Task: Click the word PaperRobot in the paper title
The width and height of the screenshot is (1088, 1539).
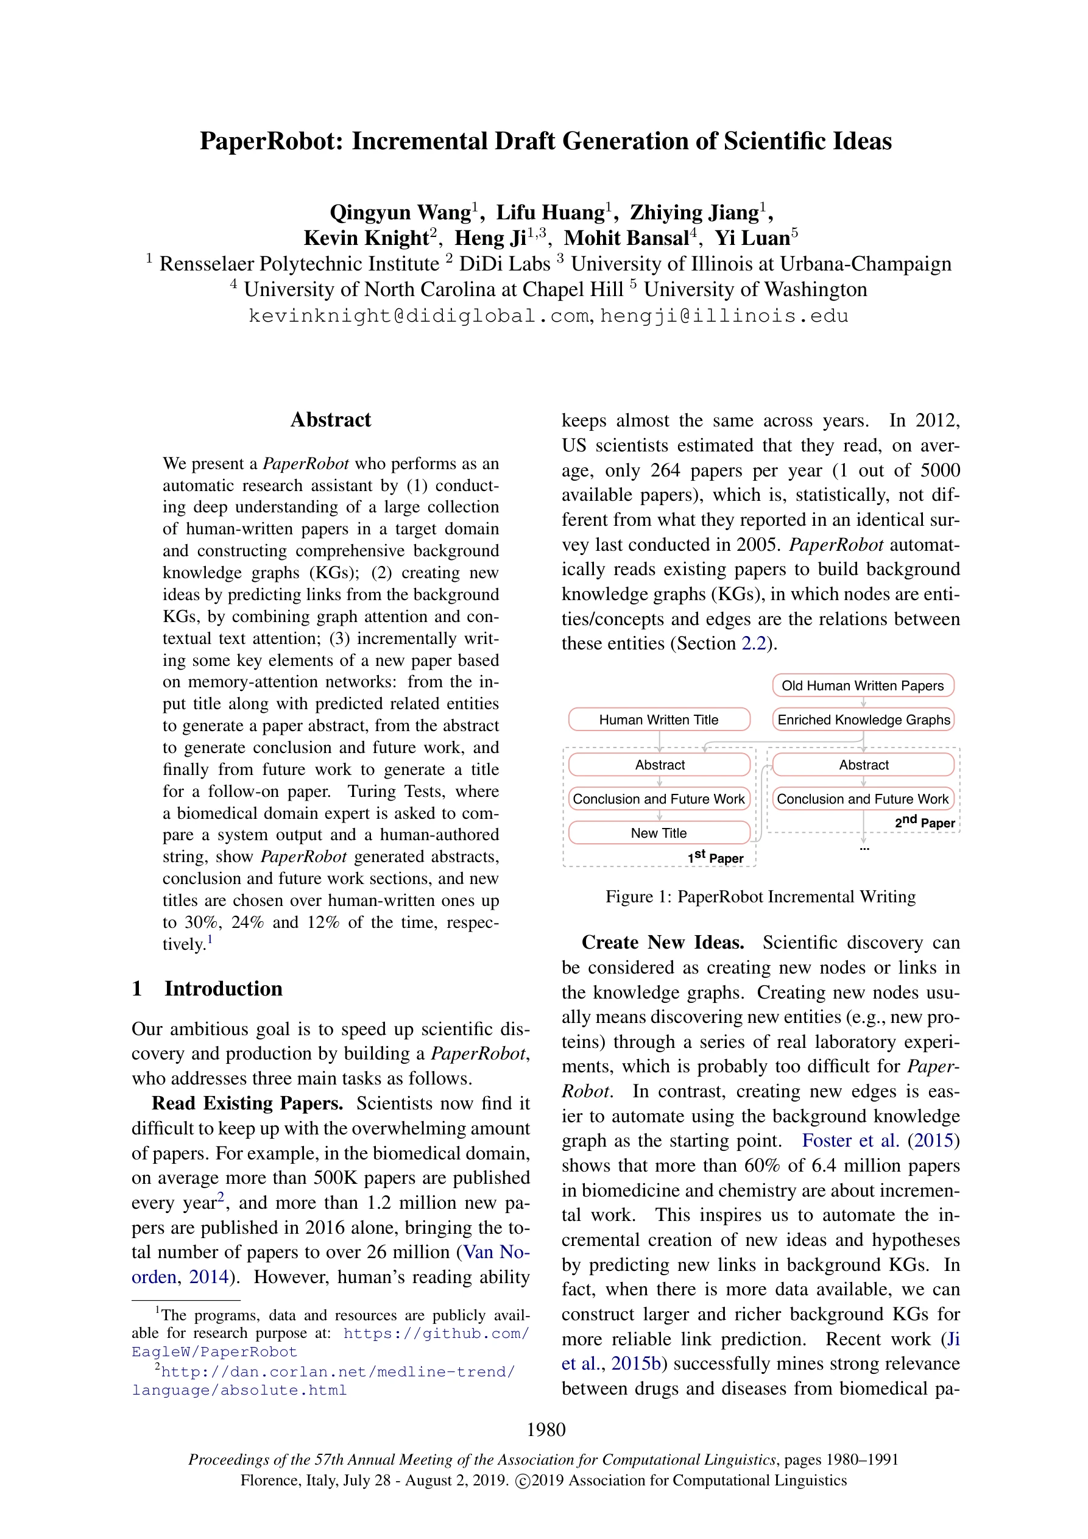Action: point(272,141)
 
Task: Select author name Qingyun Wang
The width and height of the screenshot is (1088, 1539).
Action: point(400,213)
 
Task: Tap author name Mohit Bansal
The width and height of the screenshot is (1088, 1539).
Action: point(626,238)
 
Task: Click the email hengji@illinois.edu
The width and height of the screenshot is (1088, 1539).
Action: point(724,316)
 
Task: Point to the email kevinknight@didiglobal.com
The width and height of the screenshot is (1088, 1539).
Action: point(420,316)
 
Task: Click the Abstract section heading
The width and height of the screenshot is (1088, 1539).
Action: point(331,420)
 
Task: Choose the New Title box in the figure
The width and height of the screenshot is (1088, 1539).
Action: point(659,833)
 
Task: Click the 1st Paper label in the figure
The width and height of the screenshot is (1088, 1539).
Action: point(715,857)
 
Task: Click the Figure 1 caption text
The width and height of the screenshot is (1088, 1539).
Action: point(760,897)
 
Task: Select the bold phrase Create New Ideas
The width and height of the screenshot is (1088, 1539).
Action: point(662,943)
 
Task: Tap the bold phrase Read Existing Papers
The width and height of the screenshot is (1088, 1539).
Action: point(247,1103)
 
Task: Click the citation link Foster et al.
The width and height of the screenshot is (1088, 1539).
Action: point(850,1141)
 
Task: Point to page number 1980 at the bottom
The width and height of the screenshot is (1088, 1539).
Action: point(546,1430)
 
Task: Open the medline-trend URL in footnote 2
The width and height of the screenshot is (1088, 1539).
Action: point(323,1371)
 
